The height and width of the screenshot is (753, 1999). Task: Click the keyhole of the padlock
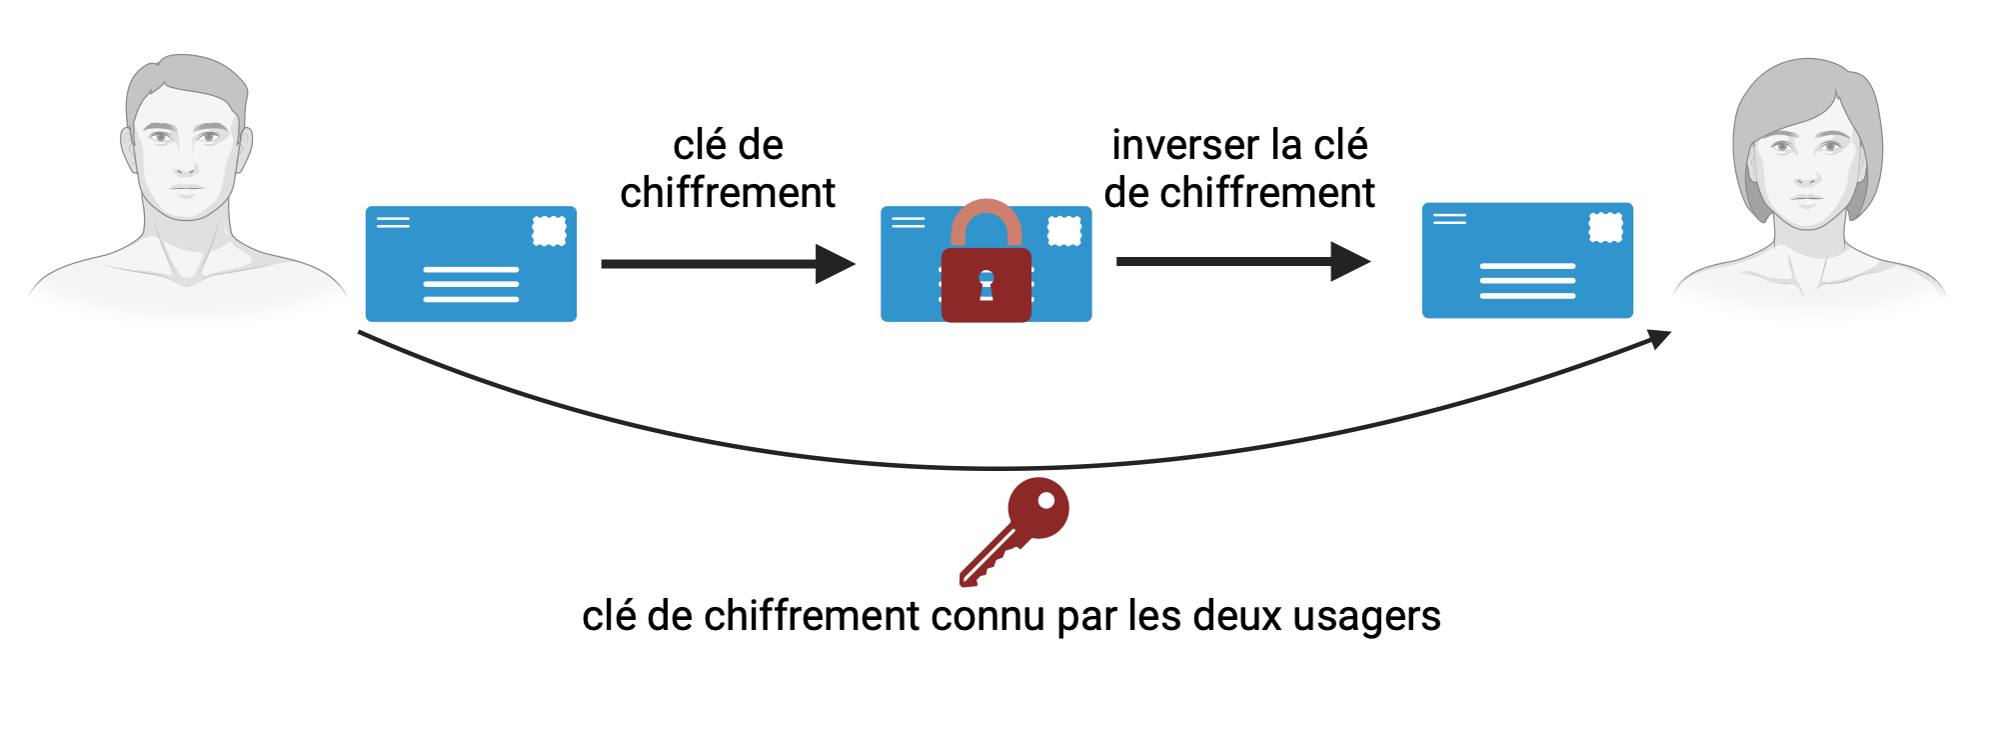(986, 285)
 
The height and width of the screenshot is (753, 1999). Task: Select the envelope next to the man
(471, 264)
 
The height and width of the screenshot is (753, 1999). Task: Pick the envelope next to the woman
(1527, 261)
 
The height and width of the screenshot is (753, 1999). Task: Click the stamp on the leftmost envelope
(549, 231)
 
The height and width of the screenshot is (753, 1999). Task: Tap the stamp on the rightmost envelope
(1605, 227)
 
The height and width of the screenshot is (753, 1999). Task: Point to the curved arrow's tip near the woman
(1660, 338)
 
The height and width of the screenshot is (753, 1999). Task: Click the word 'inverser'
(1175, 145)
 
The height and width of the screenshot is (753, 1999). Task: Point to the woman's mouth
(1806, 199)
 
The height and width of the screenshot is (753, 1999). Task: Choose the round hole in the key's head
(1045, 501)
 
